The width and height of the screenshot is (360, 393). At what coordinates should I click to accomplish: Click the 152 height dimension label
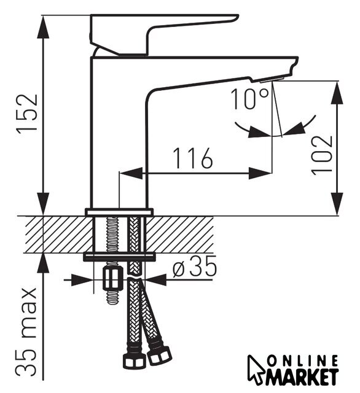(27, 115)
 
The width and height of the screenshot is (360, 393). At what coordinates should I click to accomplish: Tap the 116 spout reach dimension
(193, 158)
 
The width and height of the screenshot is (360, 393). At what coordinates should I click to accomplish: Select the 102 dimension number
(322, 155)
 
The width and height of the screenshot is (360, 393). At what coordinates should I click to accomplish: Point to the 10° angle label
(249, 99)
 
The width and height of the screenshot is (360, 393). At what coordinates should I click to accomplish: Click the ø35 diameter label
(194, 266)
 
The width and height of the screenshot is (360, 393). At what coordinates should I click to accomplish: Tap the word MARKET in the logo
(302, 376)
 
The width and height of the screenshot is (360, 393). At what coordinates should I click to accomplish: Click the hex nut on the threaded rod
(113, 278)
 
